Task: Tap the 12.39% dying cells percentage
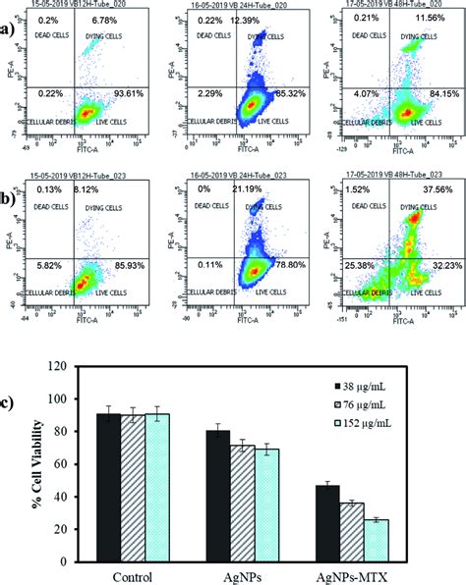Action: pos(265,21)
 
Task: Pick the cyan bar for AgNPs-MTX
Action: pos(375,533)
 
